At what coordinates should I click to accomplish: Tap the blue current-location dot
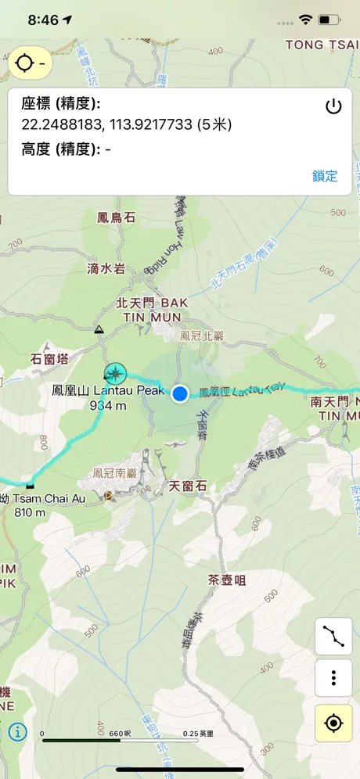tap(181, 393)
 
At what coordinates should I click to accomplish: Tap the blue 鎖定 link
tap(325, 176)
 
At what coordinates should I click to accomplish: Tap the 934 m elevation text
tap(108, 405)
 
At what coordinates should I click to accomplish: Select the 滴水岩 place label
tap(106, 268)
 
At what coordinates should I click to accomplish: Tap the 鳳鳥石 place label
tap(116, 217)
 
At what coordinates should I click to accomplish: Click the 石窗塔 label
tap(49, 359)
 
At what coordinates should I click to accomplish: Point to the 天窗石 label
tap(188, 486)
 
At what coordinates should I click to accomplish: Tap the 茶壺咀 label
tap(227, 580)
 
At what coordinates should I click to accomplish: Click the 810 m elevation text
tap(31, 513)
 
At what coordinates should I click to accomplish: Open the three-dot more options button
tap(333, 678)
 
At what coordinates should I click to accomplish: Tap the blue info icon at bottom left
tap(17, 732)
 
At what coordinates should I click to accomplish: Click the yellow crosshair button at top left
tap(31, 63)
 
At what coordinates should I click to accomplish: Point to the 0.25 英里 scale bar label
tap(198, 734)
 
